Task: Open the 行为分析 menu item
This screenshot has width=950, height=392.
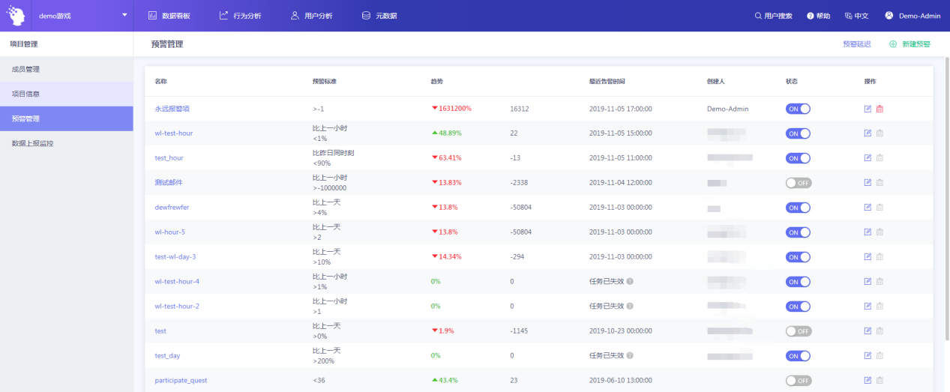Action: point(241,16)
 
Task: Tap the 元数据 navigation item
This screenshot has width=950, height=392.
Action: point(379,16)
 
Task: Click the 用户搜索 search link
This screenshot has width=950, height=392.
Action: point(773,16)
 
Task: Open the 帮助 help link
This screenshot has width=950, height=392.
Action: point(819,16)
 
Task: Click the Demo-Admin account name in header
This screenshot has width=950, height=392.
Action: point(919,16)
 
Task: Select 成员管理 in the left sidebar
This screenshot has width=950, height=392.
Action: point(25,70)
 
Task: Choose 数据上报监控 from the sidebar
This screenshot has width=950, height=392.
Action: point(33,143)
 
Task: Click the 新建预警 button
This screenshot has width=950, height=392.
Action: point(910,44)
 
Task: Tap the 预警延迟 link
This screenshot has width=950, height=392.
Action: point(857,44)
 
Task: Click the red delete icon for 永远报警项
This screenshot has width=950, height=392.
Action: point(880,109)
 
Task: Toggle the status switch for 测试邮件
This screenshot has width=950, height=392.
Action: point(799,183)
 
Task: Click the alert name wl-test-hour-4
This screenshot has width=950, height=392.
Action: point(177,282)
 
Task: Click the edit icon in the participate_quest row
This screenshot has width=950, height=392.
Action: point(868,381)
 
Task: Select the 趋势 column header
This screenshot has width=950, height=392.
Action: point(436,81)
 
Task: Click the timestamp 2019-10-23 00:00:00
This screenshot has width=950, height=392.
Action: point(621,331)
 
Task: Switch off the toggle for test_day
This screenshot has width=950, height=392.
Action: point(799,356)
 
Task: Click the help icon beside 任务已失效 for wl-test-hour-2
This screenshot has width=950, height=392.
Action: point(630,307)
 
